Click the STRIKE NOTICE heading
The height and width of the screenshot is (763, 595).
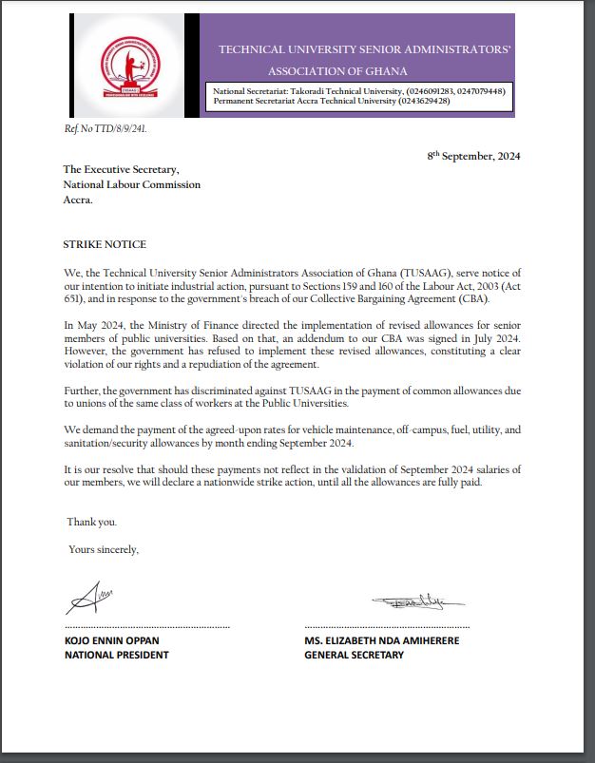pyautogui.click(x=105, y=244)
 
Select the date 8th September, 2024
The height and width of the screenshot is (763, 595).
pyautogui.click(x=473, y=156)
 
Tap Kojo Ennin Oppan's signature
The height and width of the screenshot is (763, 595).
pyautogui.click(x=90, y=599)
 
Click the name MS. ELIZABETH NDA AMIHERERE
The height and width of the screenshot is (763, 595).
pyautogui.click(x=381, y=640)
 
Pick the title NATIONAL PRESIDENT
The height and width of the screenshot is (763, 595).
pyautogui.click(x=116, y=655)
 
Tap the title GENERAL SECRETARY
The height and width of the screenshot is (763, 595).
pyautogui.click(x=354, y=655)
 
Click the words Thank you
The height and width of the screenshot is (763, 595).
pyautogui.click(x=92, y=522)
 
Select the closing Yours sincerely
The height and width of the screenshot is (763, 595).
pyautogui.click(x=104, y=549)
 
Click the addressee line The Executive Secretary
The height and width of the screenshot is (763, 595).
pyautogui.click(x=121, y=169)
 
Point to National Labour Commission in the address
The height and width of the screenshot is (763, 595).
pyautogui.click(x=132, y=184)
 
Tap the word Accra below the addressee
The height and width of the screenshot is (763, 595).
pyautogui.click(x=78, y=200)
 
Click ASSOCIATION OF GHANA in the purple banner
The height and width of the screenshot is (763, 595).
pyautogui.click(x=337, y=71)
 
